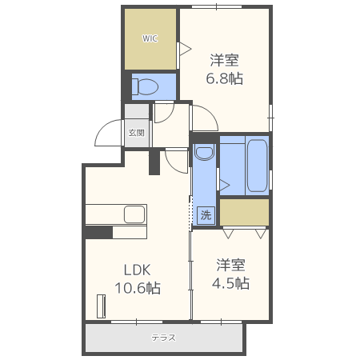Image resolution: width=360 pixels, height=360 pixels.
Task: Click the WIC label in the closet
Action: click(150, 38)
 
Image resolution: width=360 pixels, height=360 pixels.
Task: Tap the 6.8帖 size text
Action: click(224, 78)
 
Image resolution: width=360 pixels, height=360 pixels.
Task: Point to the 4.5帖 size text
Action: click(230, 283)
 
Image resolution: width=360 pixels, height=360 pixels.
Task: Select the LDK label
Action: click(138, 270)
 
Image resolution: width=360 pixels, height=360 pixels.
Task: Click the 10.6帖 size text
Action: click(138, 288)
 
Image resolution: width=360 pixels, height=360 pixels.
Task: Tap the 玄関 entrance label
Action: click(137, 133)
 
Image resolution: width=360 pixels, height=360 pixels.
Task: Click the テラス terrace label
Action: click(164, 338)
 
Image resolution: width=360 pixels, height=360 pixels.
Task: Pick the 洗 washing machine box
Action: click(206, 215)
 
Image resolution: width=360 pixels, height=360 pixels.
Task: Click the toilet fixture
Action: click(146, 86)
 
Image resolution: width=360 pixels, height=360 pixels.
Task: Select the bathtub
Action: click(257, 166)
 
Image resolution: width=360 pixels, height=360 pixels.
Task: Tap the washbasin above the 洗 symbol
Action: click(205, 152)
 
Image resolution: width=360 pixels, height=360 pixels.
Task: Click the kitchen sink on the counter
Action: click(134, 214)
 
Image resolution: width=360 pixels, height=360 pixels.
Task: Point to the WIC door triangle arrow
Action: click(186, 49)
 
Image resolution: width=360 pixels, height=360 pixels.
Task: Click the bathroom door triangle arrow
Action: click(225, 185)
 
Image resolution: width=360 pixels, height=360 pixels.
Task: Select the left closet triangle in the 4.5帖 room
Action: click(228, 234)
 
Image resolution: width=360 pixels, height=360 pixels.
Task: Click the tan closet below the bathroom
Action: click(244, 212)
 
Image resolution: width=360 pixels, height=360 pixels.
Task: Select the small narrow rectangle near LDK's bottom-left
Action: click(101, 306)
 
